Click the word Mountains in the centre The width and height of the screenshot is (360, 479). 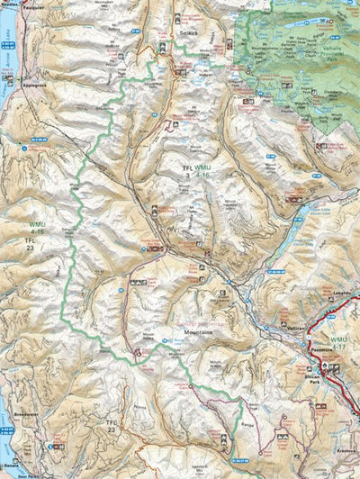[200, 330]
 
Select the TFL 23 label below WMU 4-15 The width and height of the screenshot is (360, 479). [31, 246]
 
